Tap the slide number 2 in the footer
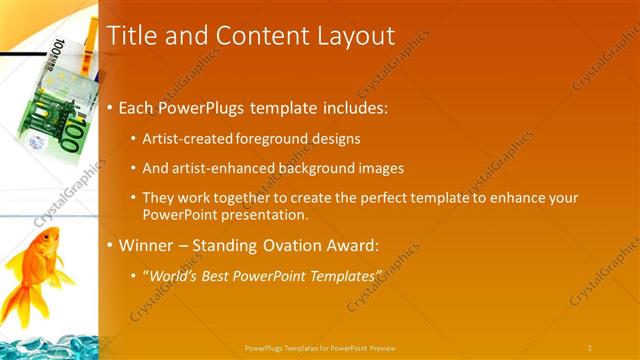click(589, 347)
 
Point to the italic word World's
click(174, 275)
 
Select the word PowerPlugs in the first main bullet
click(209, 107)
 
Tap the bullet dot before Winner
click(110, 247)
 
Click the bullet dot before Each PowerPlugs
click(110, 108)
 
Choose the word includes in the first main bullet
click(351, 107)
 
